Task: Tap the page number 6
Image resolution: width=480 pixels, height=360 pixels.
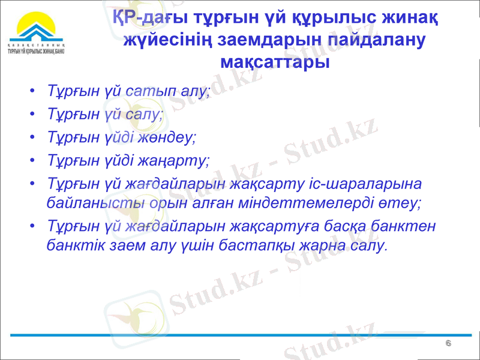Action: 448,343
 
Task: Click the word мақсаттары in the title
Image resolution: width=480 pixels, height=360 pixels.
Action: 275,61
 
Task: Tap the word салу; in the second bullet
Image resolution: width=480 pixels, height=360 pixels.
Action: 145,114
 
